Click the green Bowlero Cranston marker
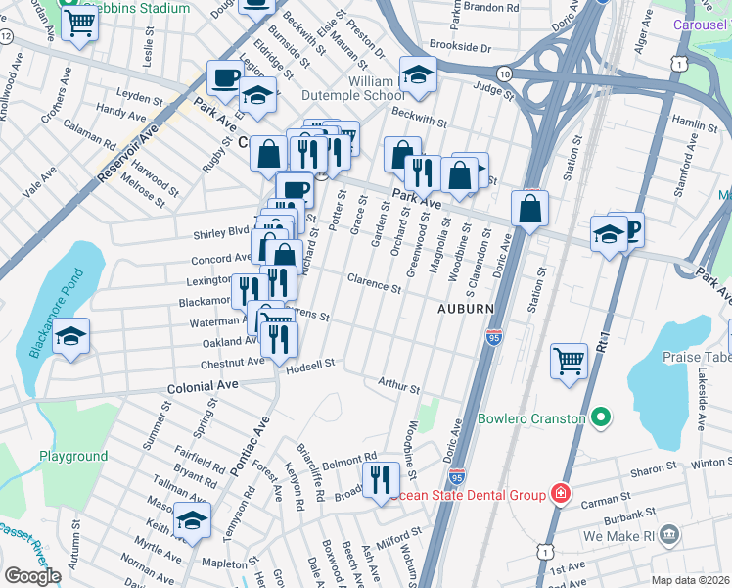click(601, 419)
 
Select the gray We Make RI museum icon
click(669, 535)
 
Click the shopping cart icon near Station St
click(568, 360)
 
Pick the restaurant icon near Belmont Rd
click(378, 480)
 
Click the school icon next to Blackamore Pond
click(70, 336)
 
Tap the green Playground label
click(73, 457)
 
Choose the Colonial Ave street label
click(190, 386)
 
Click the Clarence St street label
click(375, 284)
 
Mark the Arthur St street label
click(399, 386)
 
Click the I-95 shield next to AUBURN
click(493, 337)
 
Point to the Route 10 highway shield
click(503, 74)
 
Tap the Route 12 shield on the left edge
click(7, 36)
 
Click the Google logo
click(32, 575)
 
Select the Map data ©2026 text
click(691, 580)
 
